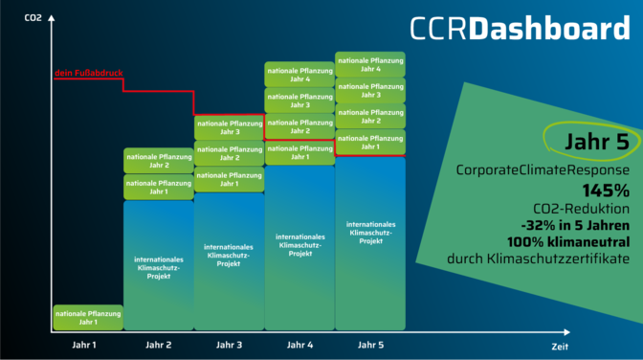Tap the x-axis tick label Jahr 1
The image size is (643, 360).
88,344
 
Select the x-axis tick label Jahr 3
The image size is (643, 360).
229,344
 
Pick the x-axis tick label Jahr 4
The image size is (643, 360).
299,344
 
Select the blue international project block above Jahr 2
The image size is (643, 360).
159,266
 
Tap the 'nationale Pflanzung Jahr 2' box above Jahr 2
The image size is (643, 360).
159,161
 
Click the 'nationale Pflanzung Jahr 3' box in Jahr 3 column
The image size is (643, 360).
229,127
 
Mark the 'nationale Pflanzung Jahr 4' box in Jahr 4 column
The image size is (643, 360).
299,75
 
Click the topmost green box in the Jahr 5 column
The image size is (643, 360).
370,64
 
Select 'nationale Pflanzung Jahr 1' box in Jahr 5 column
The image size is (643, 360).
370,143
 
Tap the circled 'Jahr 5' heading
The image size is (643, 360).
584,140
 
